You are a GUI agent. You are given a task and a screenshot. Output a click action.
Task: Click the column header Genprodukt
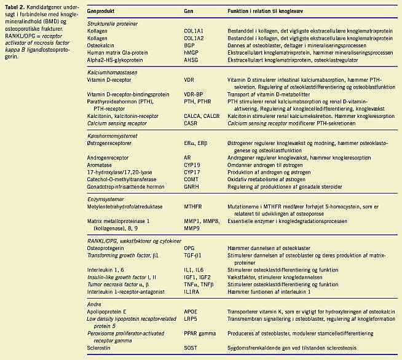103,11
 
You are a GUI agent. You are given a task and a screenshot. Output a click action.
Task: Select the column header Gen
189,11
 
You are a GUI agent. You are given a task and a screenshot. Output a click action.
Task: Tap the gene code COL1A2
195,38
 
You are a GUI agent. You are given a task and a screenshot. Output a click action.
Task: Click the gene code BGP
190,45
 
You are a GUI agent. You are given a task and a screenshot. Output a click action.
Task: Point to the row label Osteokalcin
101,45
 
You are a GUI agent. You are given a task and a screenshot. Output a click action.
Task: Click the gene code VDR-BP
194,95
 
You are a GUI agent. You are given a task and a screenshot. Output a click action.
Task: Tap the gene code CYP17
193,173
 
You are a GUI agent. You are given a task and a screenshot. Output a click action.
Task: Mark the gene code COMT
192,180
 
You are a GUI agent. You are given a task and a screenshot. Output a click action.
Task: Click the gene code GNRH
192,187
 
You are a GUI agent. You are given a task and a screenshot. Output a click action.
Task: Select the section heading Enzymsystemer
105,200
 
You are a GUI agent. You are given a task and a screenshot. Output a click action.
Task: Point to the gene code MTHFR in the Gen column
194,208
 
